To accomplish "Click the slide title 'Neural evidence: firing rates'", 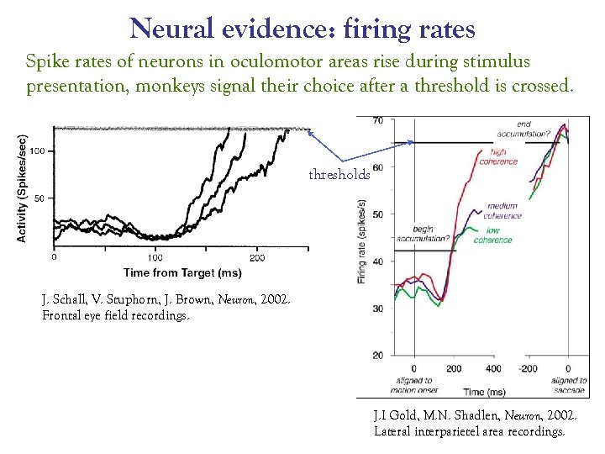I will tap(302, 29).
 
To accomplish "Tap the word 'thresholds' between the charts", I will tap(339, 175).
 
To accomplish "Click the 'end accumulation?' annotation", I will tap(534, 129).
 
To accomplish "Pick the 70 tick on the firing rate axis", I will tap(377, 121).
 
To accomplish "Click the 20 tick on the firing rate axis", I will tap(377, 355).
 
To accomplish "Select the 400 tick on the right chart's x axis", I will tap(493, 369).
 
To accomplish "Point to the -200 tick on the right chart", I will tap(529, 369).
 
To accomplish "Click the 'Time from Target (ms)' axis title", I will tap(181, 272).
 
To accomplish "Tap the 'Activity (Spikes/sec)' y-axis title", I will tap(23, 188).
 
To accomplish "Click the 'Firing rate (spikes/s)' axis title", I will tap(362, 240).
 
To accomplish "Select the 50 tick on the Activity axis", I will tap(39, 198).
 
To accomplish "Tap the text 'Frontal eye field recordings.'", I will tap(116, 316).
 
